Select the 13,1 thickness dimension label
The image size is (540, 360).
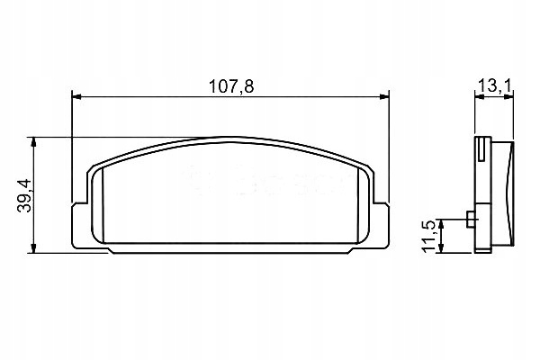point(494,85)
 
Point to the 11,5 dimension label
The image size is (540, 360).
point(429,235)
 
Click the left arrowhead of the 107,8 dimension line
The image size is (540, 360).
point(76,96)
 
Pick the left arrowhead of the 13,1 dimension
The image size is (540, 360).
point(478,96)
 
